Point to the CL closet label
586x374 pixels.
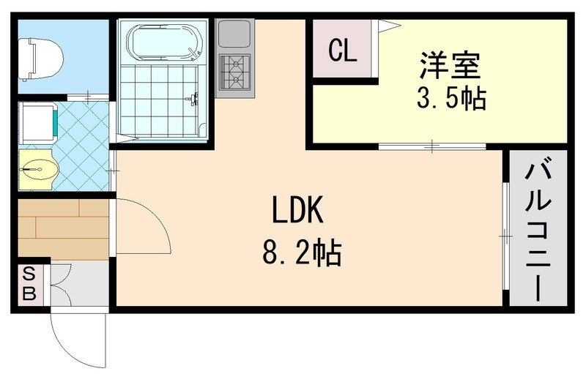pos(343,51)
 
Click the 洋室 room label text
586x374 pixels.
pos(450,65)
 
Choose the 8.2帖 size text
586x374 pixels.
pos(300,253)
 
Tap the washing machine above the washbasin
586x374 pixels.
pos(38,120)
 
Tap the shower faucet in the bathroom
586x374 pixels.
pos(194,99)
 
